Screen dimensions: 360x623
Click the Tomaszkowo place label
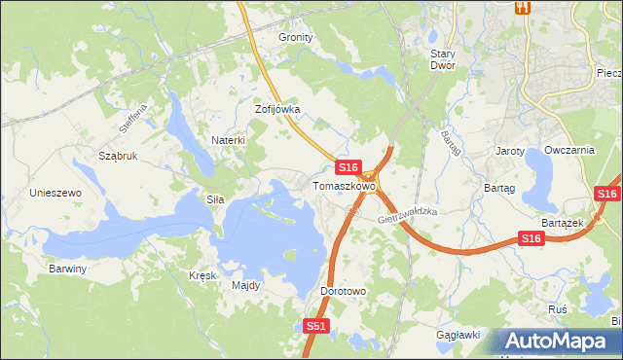coord(344,185)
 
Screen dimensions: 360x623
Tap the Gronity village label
coord(296,37)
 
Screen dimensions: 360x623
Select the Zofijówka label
coord(277,110)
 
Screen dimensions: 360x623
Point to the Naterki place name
coord(228,140)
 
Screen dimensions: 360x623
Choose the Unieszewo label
coord(55,193)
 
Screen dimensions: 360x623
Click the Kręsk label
coord(202,275)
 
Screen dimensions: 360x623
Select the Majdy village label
coord(245,286)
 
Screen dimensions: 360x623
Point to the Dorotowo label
coord(343,291)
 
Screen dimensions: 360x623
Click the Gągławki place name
coord(459,335)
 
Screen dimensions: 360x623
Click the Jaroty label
coord(510,152)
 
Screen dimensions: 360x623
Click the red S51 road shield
coord(314,327)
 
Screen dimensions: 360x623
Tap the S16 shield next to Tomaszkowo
coord(349,167)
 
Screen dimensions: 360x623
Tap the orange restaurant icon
coord(523,8)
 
